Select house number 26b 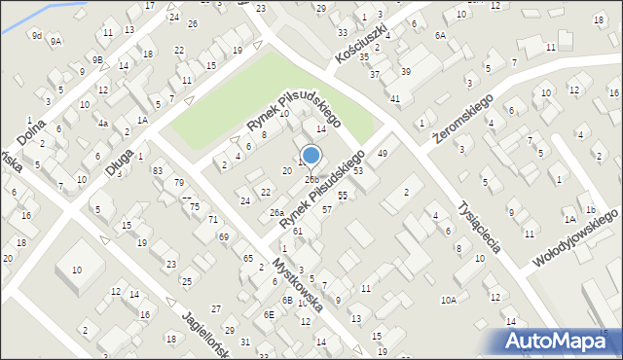click(311, 179)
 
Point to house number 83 click(158, 170)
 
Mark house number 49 click(383, 154)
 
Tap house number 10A click(448, 301)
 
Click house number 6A click(440, 35)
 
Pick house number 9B click(97, 59)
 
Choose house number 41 click(395, 99)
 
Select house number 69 click(224, 237)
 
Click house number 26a click(276, 213)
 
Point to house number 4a click(102, 124)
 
